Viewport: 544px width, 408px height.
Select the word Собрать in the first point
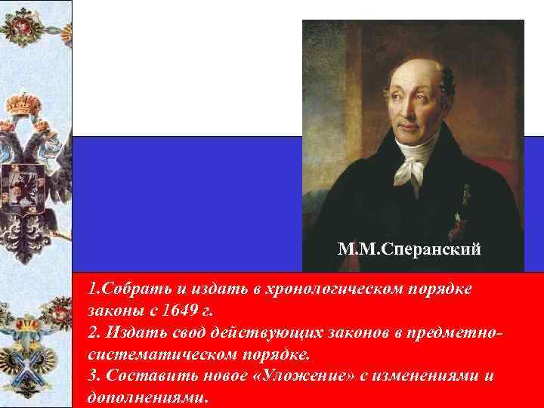point(128,289)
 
